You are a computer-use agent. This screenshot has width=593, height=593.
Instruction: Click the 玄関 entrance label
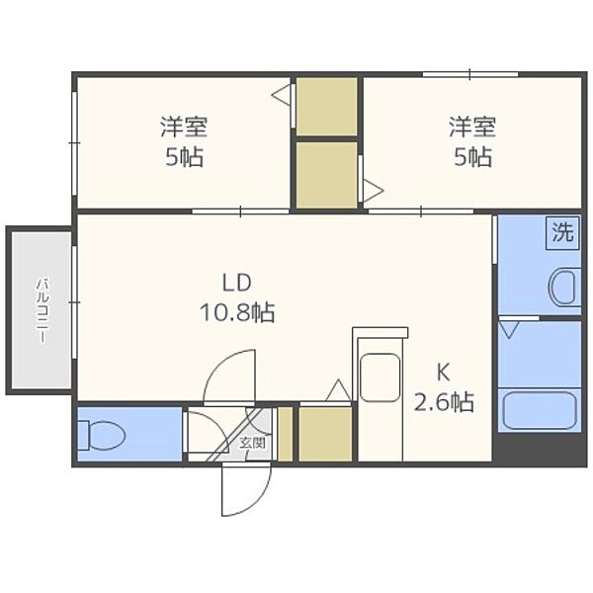(x=253, y=443)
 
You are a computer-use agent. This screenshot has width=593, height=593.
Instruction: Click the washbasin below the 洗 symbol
(x=564, y=289)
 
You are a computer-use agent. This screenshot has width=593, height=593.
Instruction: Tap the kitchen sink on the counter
(x=380, y=380)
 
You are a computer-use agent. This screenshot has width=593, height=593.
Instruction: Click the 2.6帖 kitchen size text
(x=444, y=402)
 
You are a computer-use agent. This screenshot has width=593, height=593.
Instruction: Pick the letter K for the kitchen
(x=444, y=373)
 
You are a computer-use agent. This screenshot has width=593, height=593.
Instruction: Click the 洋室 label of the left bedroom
(x=184, y=127)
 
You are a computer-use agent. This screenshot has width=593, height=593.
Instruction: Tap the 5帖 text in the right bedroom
(x=471, y=156)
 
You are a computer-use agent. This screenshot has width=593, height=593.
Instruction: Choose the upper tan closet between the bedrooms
(x=327, y=106)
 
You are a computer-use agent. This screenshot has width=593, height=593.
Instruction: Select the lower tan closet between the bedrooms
(x=327, y=175)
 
